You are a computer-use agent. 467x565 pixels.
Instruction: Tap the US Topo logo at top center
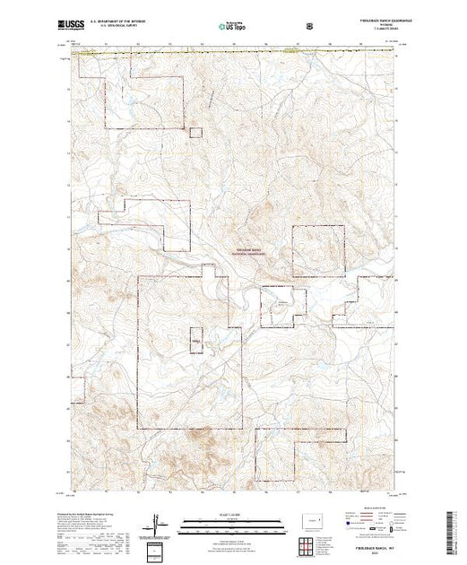[x=231, y=28]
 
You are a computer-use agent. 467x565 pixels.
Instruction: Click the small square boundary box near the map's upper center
[x=194, y=132]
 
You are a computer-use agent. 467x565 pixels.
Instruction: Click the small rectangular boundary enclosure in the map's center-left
[x=195, y=342]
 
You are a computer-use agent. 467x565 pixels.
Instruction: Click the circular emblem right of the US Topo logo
[x=309, y=28]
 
